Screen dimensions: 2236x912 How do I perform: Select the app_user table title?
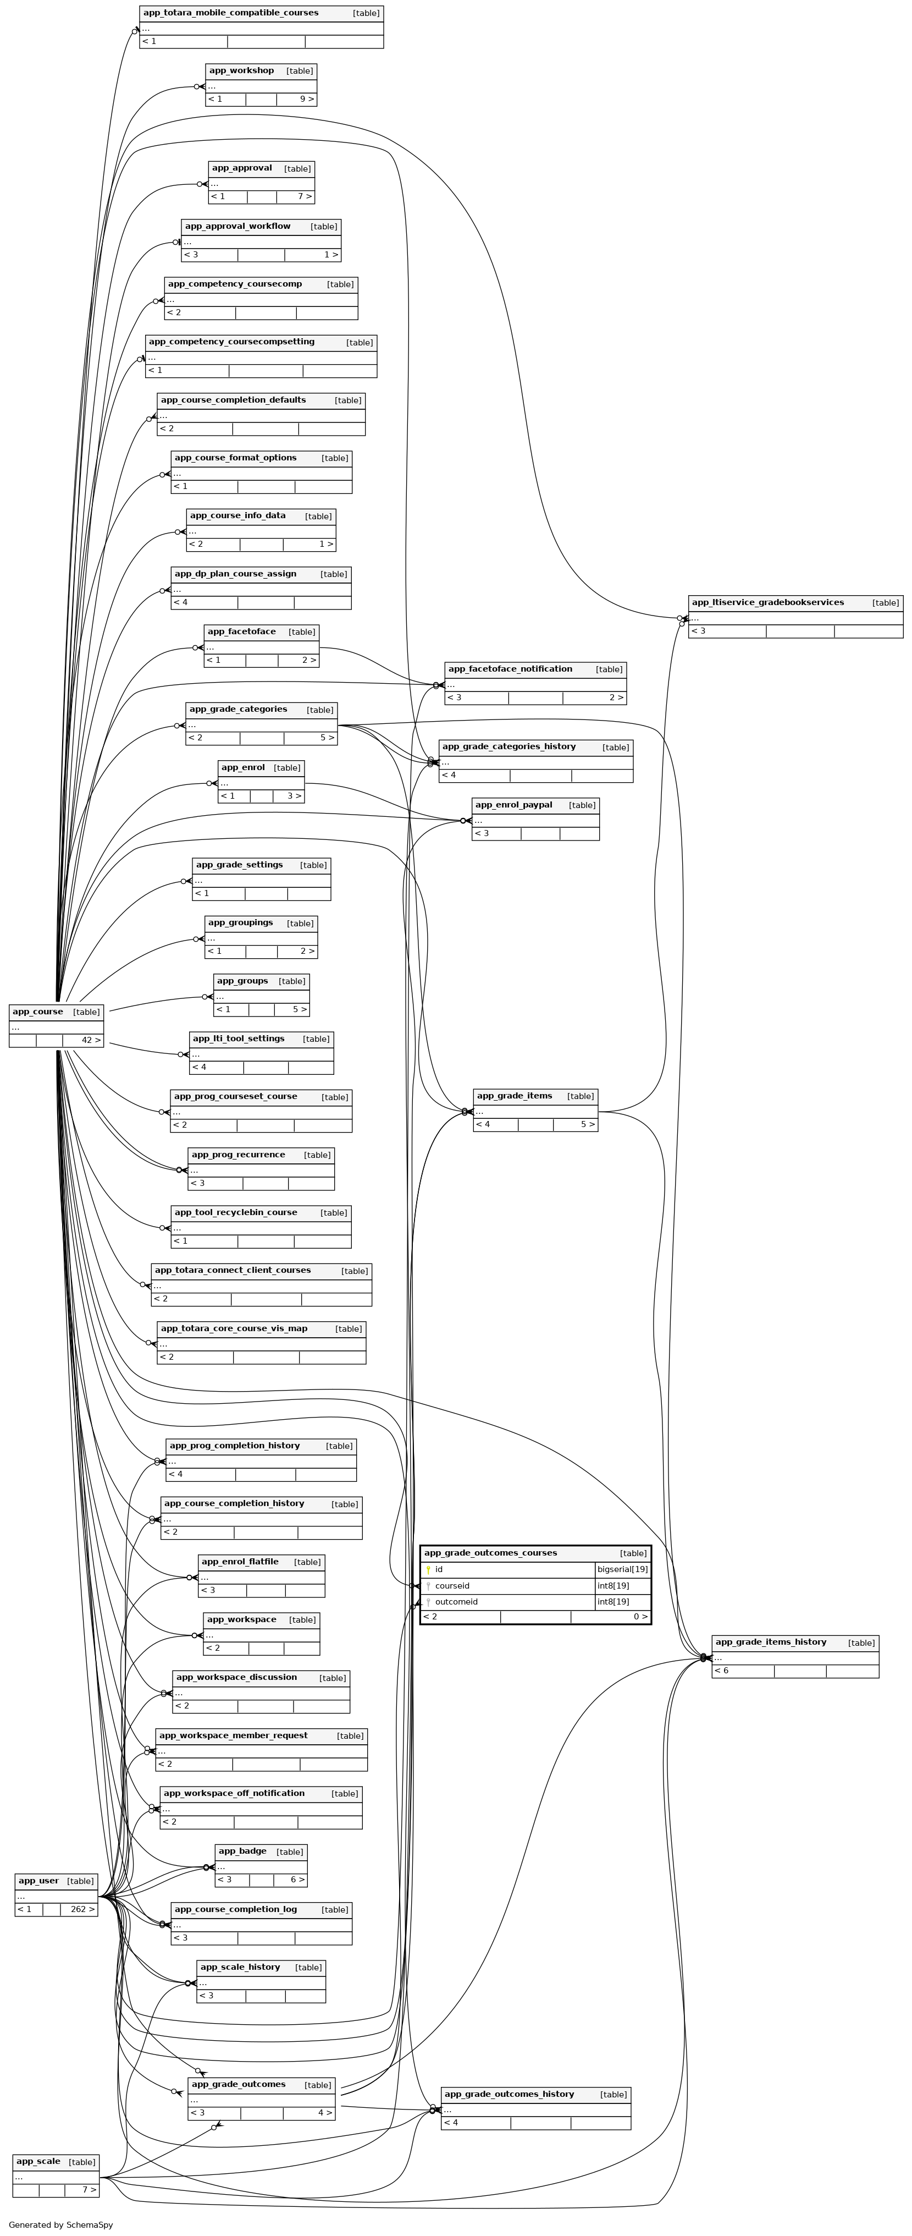(39, 1881)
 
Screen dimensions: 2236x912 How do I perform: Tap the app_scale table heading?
(38, 2161)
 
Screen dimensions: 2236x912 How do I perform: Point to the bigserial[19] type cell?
(622, 1569)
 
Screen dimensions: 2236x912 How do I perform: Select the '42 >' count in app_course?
(90, 1040)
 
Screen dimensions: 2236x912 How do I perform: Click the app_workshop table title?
(241, 70)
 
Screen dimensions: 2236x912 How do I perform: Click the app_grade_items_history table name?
(771, 1641)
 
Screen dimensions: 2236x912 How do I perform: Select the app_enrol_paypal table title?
(513, 805)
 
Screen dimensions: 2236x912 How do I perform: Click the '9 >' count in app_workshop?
(306, 99)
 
